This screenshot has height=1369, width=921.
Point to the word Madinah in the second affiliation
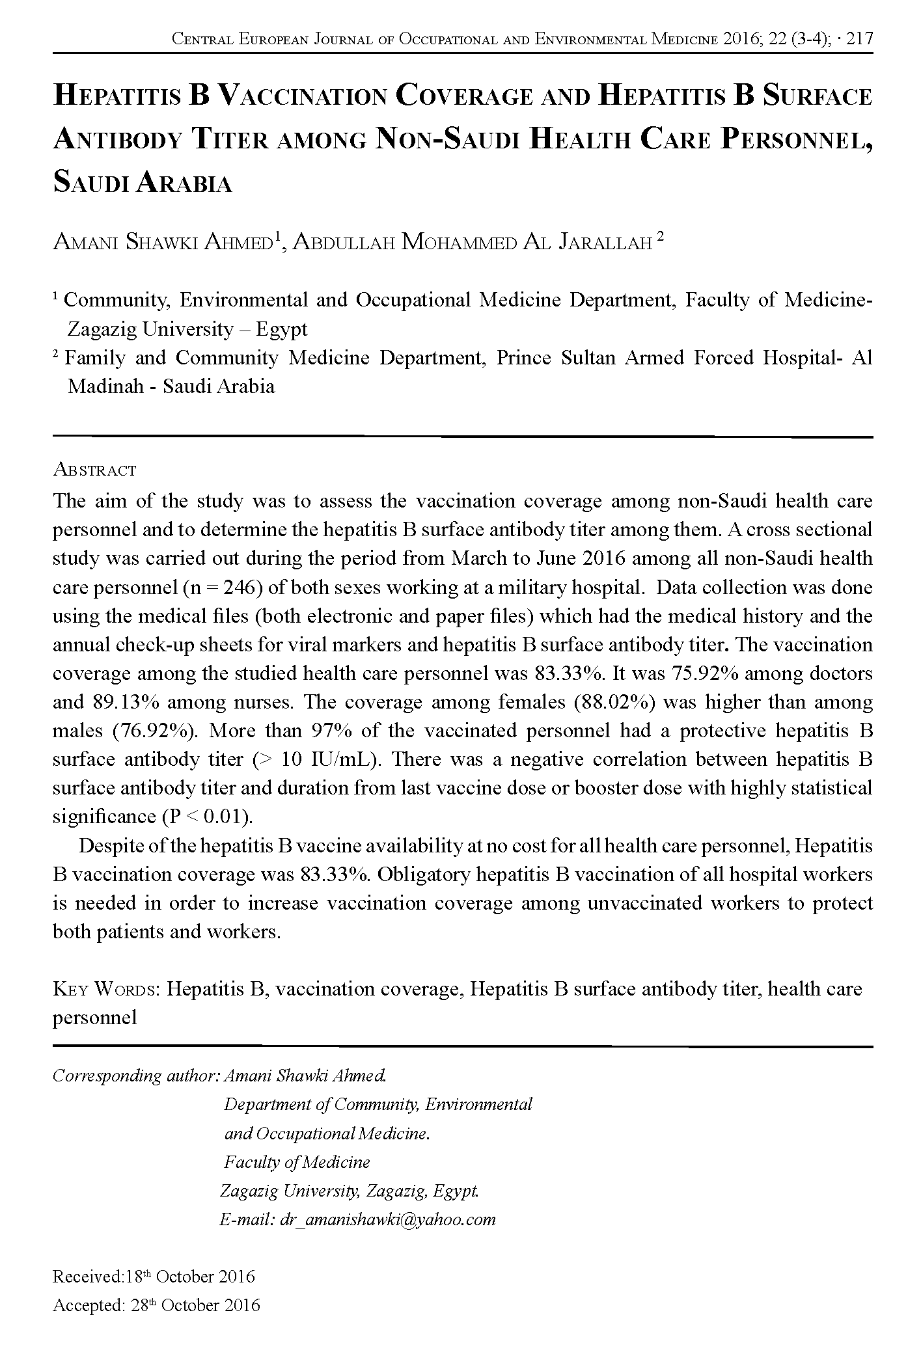[105, 386]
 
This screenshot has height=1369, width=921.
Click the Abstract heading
[94, 469]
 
